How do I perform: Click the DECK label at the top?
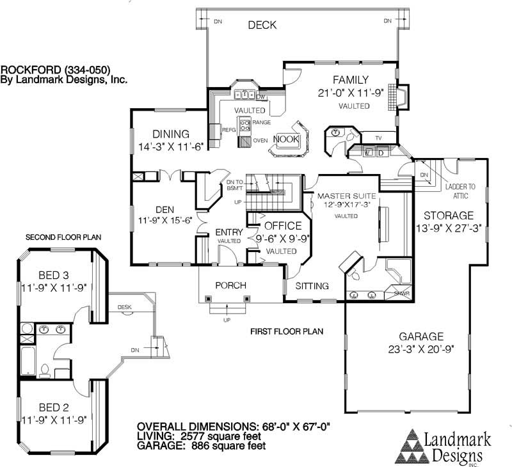coord(262,25)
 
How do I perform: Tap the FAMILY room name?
coord(350,80)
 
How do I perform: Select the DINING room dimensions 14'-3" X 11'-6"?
coord(171,146)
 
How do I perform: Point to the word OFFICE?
coord(282,226)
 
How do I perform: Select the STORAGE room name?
coord(448,216)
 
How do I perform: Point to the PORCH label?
coord(230,285)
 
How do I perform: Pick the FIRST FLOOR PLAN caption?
coord(286,331)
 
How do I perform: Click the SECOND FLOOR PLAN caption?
coord(63,237)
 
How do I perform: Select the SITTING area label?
coord(312,286)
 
